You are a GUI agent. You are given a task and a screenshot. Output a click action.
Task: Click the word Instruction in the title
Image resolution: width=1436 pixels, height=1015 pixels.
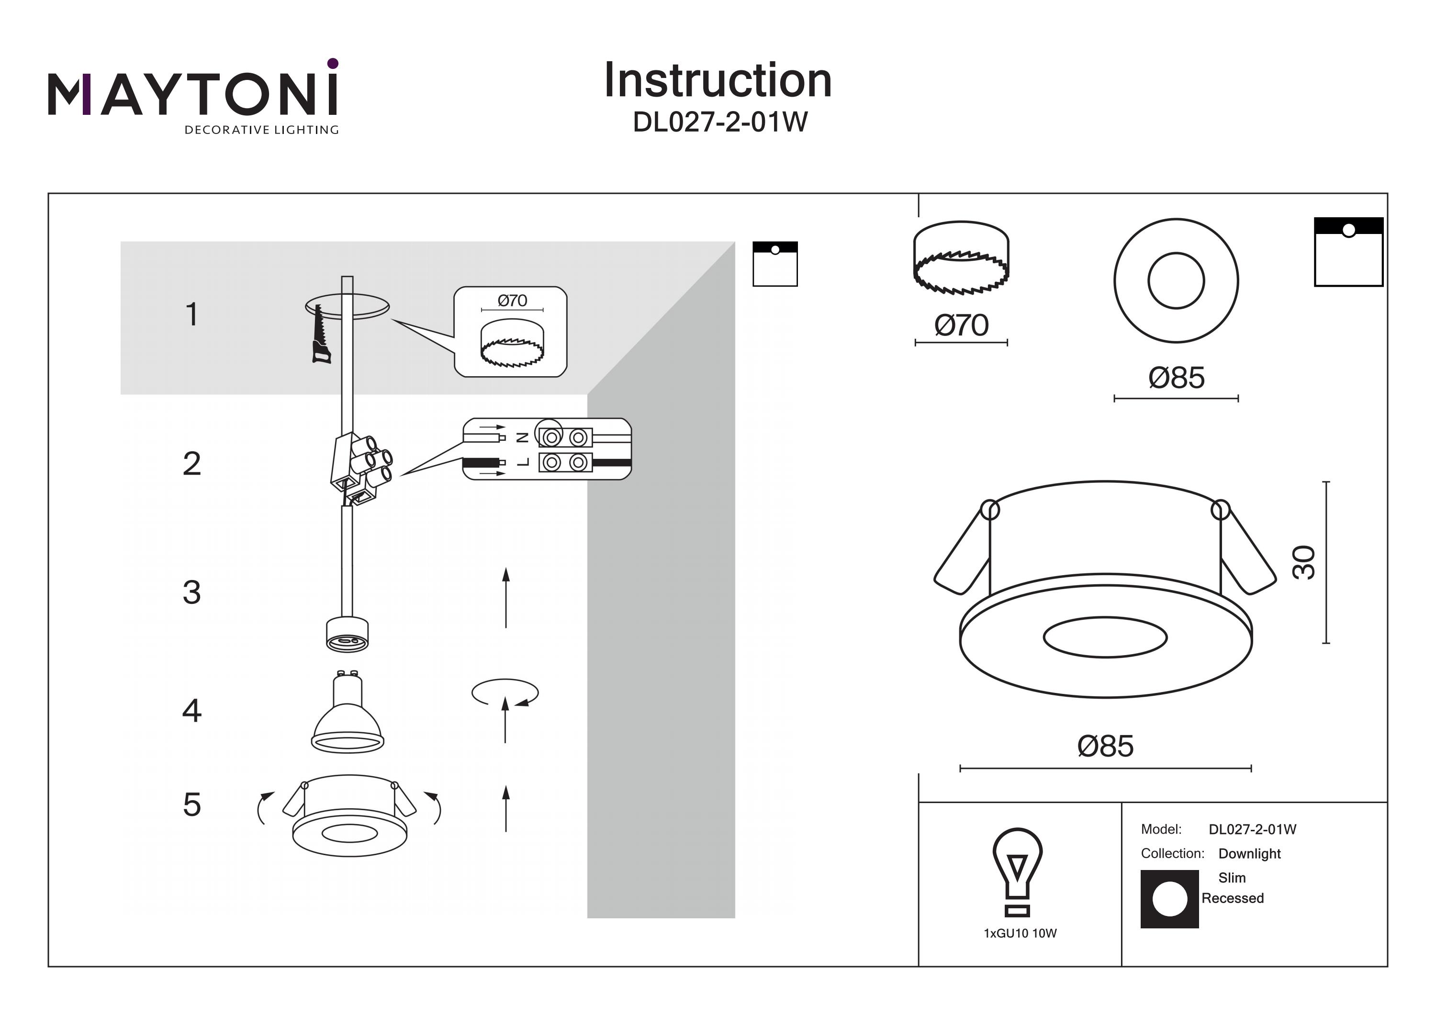tap(718, 81)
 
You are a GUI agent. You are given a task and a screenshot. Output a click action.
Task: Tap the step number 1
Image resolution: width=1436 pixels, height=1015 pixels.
tap(192, 314)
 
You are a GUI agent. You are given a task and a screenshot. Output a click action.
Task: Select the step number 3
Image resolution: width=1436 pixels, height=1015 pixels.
tap(192, 592)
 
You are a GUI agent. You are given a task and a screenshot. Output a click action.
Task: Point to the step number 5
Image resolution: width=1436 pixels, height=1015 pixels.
tap(192, 805)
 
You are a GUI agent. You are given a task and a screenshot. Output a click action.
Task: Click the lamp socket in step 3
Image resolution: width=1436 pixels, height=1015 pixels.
tap(347, 634)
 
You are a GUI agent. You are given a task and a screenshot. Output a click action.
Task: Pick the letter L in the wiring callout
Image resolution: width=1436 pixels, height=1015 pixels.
tap(524, 463)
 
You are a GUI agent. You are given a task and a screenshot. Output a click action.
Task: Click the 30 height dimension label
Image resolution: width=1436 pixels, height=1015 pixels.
tap(1304, 563)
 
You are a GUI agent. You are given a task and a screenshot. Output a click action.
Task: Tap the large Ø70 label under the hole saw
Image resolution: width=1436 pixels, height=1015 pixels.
tap(961, 326)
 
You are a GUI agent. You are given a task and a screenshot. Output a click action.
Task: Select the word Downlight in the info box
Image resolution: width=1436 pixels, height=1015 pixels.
tap(1249, 854)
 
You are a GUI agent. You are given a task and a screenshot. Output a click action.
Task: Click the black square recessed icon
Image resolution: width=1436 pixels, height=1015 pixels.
tap(1169, 899)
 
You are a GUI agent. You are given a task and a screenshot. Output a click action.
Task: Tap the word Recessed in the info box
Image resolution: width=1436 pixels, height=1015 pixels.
tap(1232, 898)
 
